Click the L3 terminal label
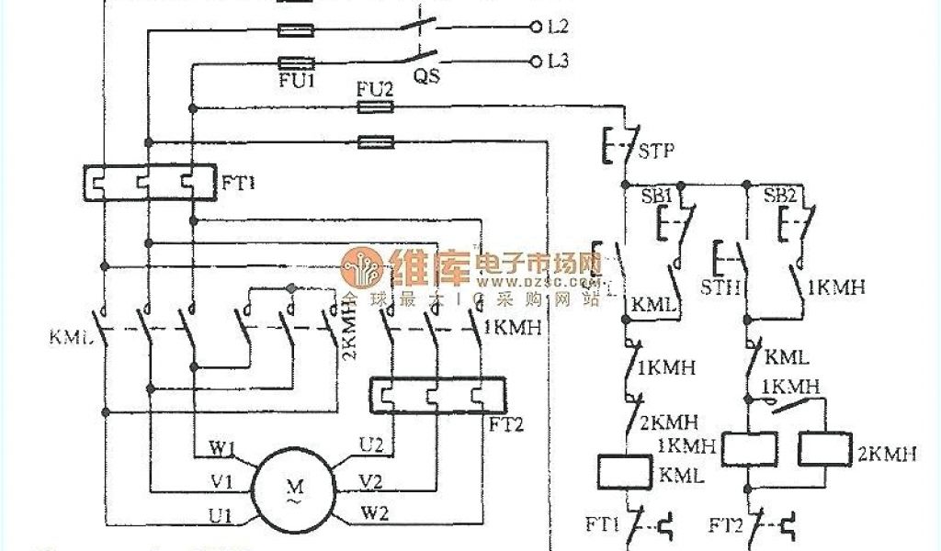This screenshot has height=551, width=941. click(x=557, y=62)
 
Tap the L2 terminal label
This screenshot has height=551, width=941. click(x=557, y=27)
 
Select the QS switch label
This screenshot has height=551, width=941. click(x=425, y=77)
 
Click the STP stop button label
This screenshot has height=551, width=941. click(x=656, y=151)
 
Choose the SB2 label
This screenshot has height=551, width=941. click(x=781, y=197)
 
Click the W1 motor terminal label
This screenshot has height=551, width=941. click(x=222, y=449)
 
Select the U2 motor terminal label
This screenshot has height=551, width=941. click(x=371, y=445)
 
